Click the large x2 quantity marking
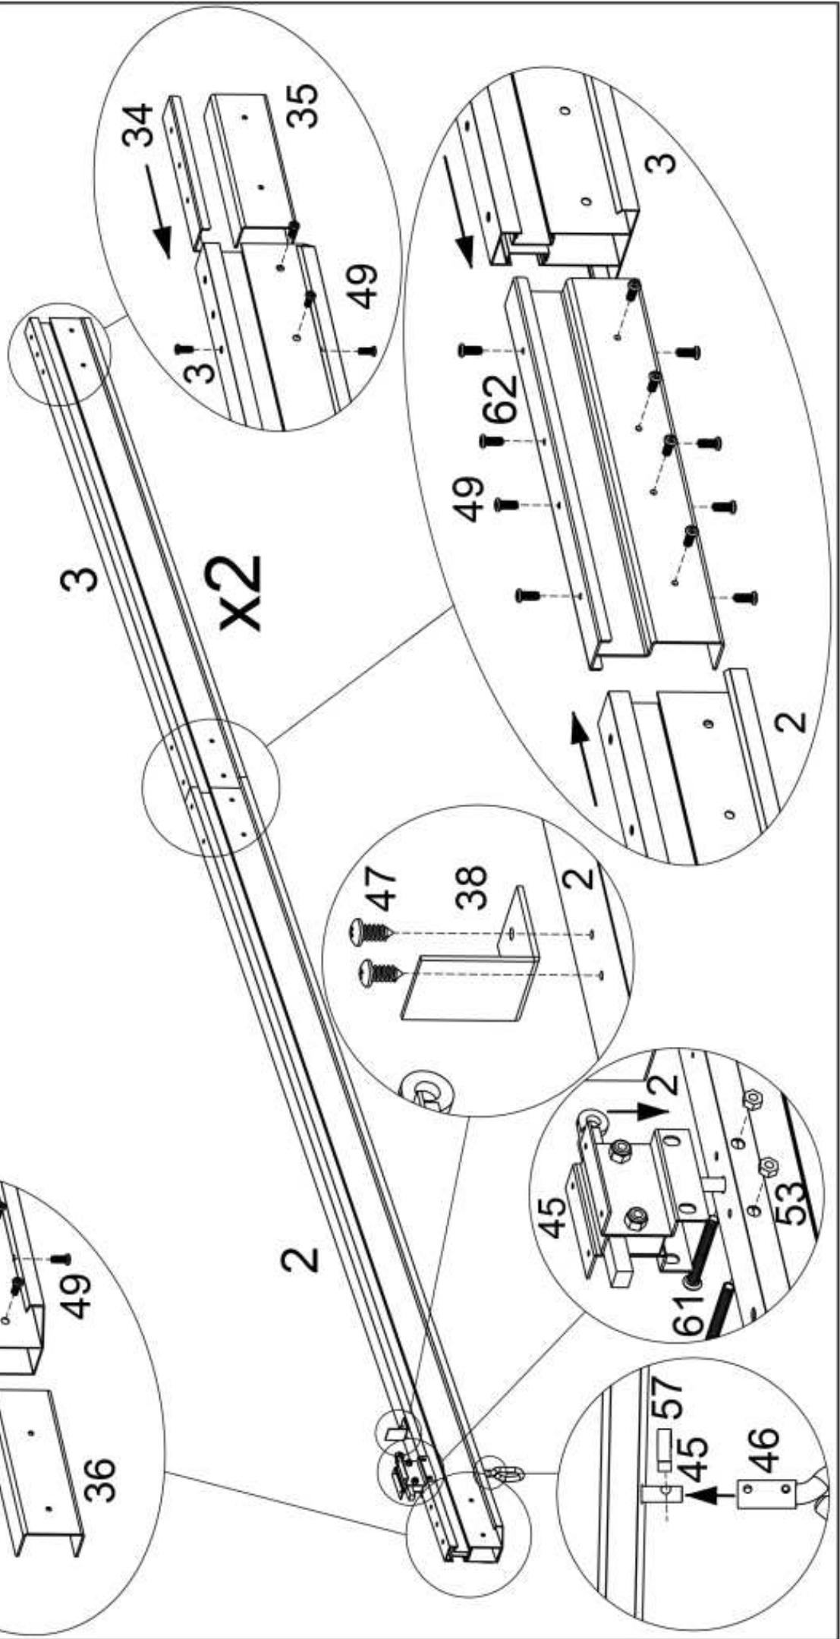coord(241,593)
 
